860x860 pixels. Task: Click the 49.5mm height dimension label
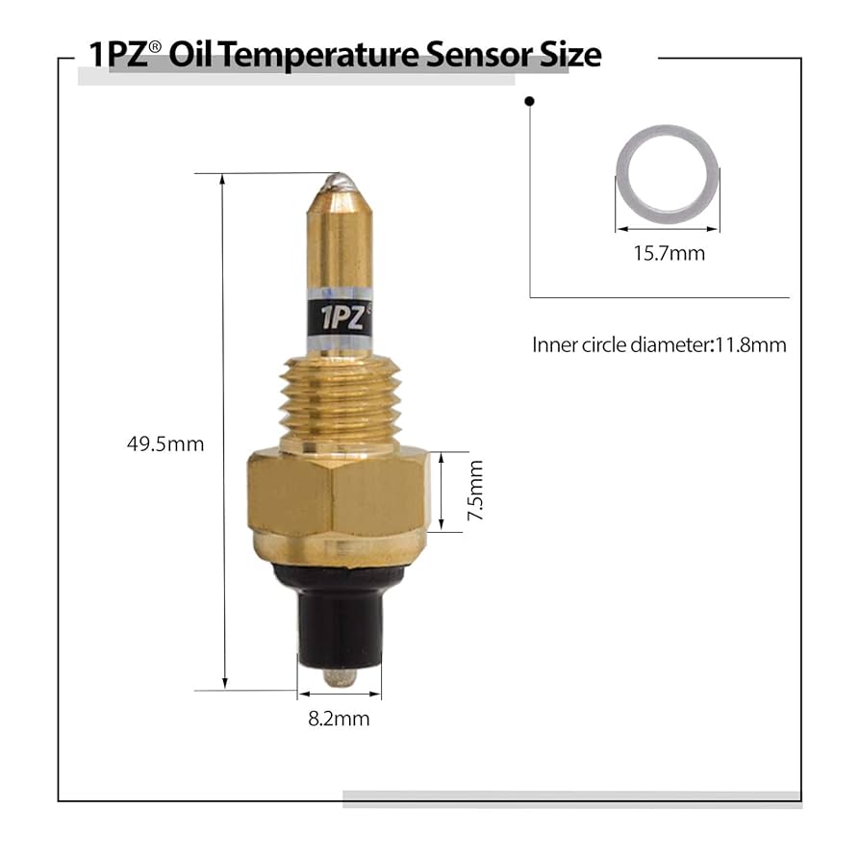tap(165, 444)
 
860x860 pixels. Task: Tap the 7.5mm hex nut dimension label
tap(473, 491)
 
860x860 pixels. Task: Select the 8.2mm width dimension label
tap(339, 719)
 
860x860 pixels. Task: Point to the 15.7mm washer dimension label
tap(668, 254)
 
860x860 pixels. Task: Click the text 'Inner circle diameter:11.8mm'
tap(659, 344)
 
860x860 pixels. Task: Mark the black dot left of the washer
tap(529, 100)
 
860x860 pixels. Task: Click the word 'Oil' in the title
tap(190, 54)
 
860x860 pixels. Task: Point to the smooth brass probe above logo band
tap(339, 240)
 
